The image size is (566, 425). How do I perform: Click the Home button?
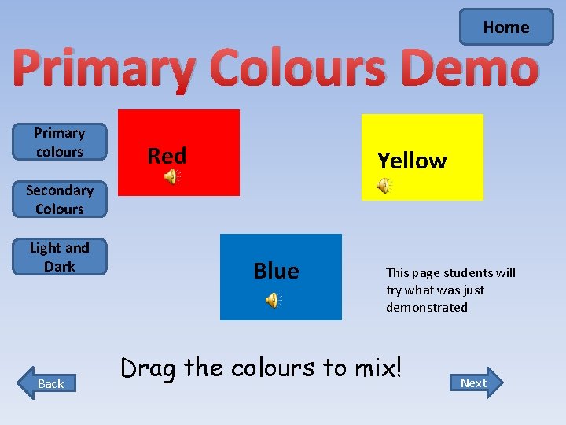pos(506,28)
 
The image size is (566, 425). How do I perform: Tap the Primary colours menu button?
pos(59,142)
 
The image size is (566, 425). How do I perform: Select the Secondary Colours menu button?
pos(59,199)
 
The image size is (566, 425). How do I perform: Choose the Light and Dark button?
pos(59,257)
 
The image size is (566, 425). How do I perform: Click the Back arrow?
pos(50,383)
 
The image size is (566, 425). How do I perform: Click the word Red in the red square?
pos(167,156)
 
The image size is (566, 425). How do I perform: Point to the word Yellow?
pos(411,161)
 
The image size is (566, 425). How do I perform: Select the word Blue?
pos(276,271)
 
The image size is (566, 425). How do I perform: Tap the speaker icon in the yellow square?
pos(384,186)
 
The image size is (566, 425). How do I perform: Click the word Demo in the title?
pos(473,68)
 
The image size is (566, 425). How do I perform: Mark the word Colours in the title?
pos(299,68)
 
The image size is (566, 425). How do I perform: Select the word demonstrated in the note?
pos(426,308)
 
